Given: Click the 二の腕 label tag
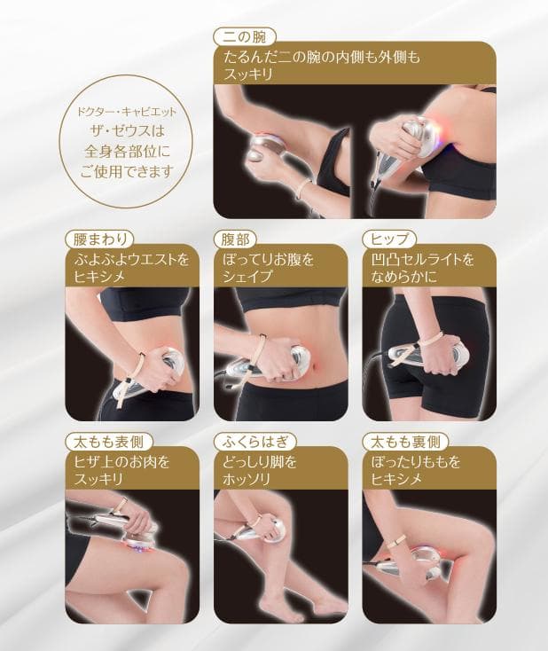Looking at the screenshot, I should [246, 36].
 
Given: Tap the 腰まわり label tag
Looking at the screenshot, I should [99, 238].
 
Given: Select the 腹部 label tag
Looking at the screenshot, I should [235, 238].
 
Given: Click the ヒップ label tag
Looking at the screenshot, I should [389, 238].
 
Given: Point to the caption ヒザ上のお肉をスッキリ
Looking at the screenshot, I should [122, 470].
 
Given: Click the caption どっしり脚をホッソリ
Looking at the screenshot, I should [262, 470].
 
